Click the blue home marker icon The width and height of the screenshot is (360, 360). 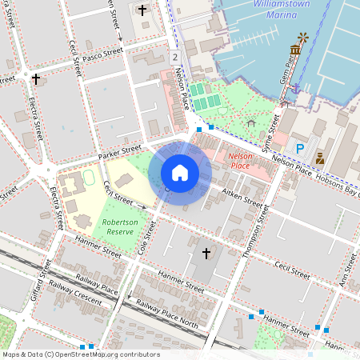180,172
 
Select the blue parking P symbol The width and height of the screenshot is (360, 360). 300,148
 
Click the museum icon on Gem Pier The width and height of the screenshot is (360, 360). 295,50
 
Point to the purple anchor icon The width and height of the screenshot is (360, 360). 296,86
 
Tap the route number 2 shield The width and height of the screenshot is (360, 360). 174,57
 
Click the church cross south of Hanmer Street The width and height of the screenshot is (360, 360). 206,254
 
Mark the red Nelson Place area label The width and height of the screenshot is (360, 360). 240,160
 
